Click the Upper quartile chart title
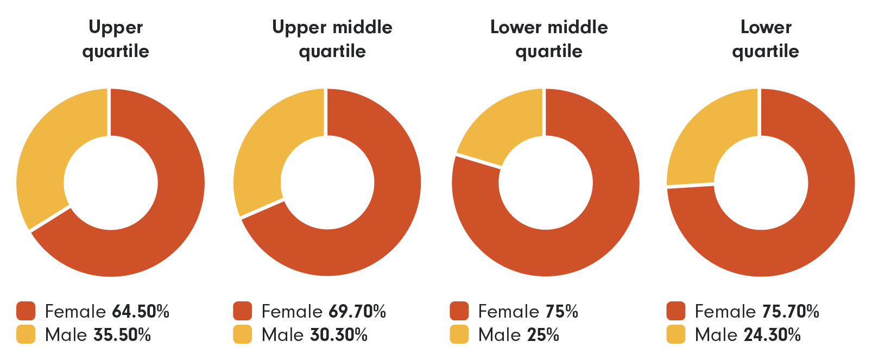tap(116, 39)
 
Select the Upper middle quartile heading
tap(332, 39)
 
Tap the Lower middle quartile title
tap(549, 39)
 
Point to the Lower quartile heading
tap(766, 39)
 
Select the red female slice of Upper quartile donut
tap(163, 217)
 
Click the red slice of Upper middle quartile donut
tap(380, 217)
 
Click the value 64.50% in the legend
tap(141, 312)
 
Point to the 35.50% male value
tap(122, 335)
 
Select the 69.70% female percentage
tap(357, 312)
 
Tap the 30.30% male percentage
tap(339, 335)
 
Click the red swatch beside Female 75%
tap(459, 312)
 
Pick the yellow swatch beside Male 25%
tap(459, 334)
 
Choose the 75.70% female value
tap(791, 312)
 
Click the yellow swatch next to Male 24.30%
tap(676, 334)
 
